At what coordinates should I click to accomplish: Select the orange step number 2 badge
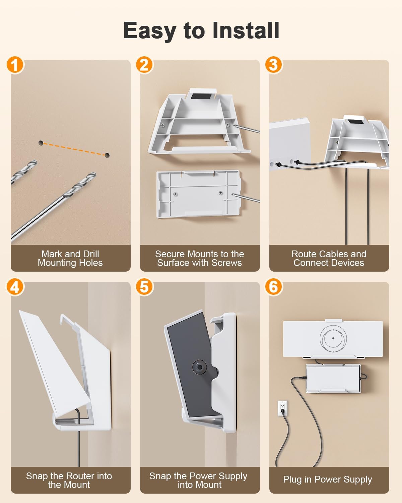144,65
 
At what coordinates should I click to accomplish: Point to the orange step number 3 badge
274,65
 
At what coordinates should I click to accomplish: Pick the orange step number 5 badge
144,287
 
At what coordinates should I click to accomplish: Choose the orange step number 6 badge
274,287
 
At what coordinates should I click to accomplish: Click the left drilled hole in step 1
41,143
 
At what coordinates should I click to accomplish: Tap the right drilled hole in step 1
107,155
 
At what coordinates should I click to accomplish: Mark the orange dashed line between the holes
74,149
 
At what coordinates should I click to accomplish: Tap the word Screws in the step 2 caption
227,263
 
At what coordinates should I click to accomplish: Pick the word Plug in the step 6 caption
292,480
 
